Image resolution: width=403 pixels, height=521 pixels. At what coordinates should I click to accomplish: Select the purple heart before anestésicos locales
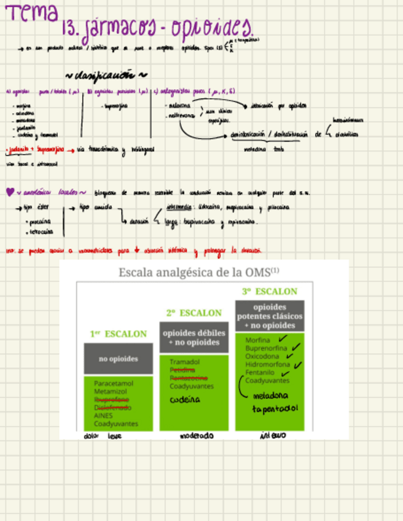[x=9, y=192]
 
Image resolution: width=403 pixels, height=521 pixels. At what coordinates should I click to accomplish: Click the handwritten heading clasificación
[x=104, y=76]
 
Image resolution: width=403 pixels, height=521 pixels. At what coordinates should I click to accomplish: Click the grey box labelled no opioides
[x=119, y=359]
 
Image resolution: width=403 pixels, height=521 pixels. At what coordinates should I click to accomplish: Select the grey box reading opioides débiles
[x=194, y=337]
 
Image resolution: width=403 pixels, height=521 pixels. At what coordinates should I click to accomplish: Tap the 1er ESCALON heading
[x=119, y=334]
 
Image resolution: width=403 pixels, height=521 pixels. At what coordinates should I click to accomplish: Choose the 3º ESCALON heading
[x=270, y=291]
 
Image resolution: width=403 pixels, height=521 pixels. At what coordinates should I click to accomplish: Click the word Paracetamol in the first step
[x=114, y=383]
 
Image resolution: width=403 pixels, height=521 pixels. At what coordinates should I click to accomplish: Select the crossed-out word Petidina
[x=182, y=370]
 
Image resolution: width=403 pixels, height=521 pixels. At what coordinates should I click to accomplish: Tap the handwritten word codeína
[x=186, y=399]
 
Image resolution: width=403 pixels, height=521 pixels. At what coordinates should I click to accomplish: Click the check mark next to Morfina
[x=283, y=339]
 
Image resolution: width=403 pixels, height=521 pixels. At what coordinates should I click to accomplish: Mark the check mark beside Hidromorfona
[x=299, y=364]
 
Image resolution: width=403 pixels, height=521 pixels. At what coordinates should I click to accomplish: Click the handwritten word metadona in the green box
[x=270, y=395]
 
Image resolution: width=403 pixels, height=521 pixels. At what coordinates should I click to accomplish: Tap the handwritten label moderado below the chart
[x=197, y=436]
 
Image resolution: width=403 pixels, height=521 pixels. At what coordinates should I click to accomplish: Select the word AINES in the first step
[x=103, y=415]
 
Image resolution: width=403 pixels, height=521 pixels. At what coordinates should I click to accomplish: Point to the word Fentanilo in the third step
[x=260, y=372]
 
